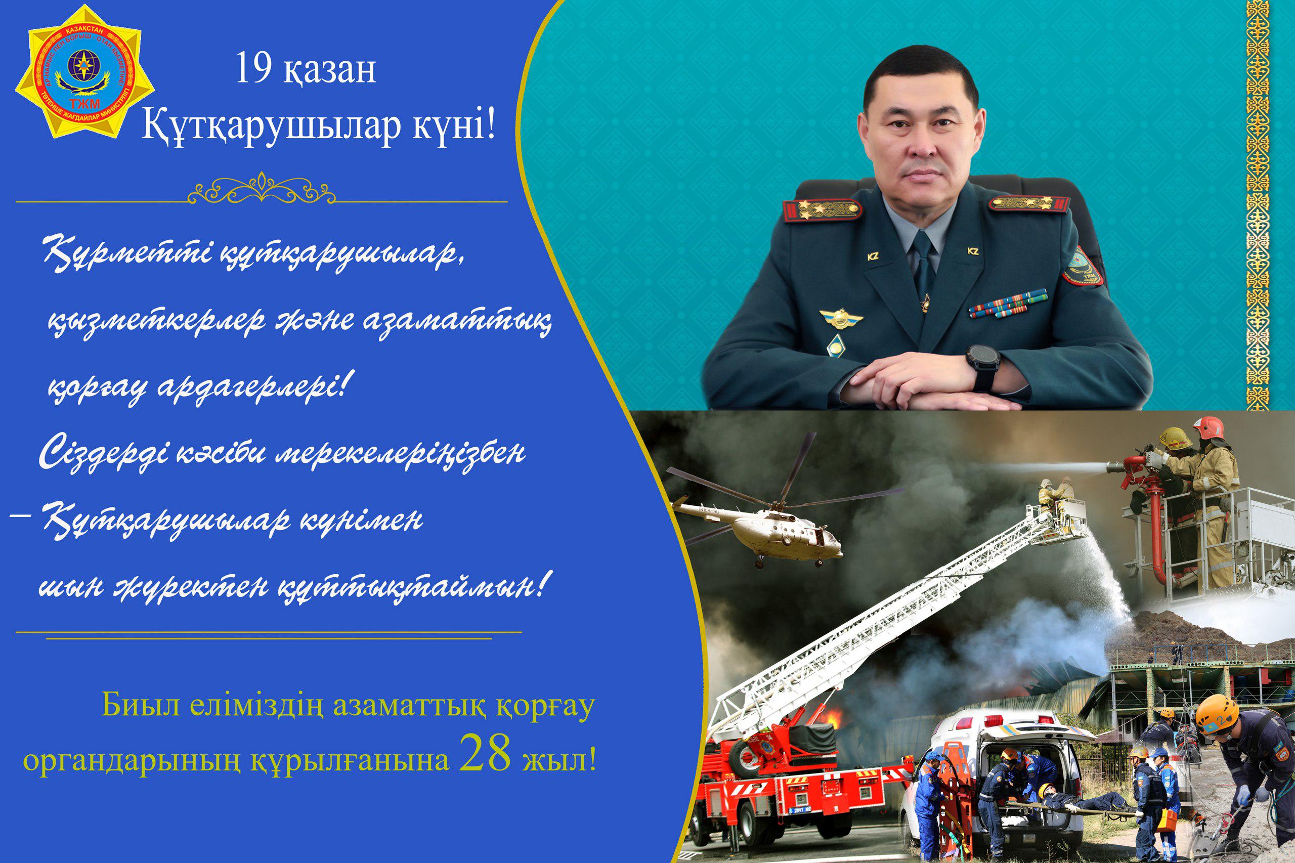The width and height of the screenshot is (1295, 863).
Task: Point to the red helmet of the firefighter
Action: [1207, 427]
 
